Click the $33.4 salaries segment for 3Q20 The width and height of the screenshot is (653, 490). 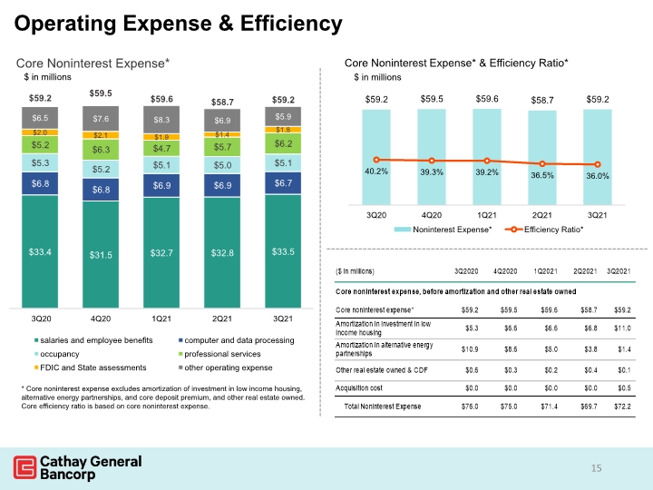[40, 251]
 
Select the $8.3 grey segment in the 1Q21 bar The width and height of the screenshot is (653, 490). [161, 120]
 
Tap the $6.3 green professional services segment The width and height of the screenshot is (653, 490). [101, 150]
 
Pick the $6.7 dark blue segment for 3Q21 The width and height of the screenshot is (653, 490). [283, 183]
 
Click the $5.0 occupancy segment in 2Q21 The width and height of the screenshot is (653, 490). [222, 165]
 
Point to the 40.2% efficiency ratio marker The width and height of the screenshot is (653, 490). [376, 160]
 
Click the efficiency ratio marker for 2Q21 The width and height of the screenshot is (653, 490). [542, 163]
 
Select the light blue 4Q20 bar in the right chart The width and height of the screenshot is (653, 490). [432, 157]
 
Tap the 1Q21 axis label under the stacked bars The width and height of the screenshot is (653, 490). [161, 318]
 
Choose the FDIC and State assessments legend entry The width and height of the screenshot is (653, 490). [91, 367]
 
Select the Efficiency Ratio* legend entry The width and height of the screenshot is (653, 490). [544, 230]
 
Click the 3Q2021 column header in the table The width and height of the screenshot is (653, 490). [619, 271]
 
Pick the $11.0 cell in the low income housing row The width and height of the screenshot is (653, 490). [622, 328]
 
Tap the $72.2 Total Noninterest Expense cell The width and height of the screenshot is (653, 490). [622, 407]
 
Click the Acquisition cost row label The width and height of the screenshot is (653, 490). [359, 388]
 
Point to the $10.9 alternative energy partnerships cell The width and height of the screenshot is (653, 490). [470, 349]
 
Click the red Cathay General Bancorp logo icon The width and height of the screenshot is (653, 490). [24, 467]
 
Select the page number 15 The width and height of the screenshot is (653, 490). [597, 468]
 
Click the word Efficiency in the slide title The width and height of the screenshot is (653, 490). [291, 24]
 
